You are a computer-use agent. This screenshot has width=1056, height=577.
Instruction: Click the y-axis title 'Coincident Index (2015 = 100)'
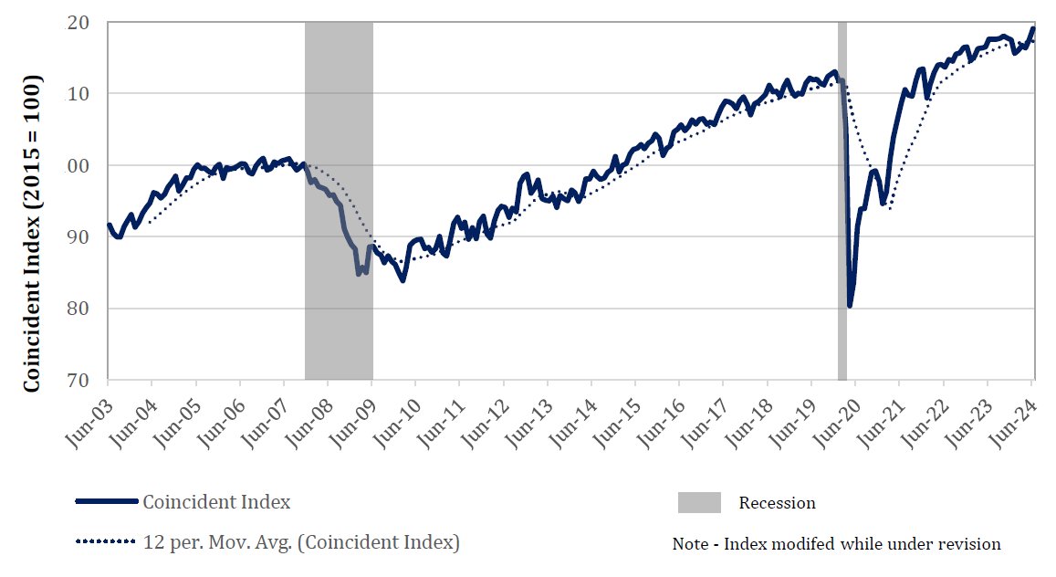[32, 235]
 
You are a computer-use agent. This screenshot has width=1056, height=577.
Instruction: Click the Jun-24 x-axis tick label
[1013, 412]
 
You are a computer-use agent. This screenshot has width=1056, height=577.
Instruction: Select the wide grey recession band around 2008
[339, 201]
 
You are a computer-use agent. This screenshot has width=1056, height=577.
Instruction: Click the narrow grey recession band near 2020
[842, 201]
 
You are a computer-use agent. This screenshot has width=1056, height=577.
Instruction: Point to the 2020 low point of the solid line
[850, 305]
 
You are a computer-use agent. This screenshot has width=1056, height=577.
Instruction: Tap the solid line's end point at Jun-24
[1033, 28]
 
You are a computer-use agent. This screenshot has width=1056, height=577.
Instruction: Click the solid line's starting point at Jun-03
[109, 225]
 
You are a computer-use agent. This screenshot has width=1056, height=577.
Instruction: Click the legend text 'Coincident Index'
[216, 501]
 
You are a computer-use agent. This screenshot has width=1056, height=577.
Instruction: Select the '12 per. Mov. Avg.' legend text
[301, 542]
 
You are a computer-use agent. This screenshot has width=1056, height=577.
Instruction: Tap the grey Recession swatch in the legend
[699, 502]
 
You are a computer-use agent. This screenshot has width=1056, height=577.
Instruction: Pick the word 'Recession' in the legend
[777, 503]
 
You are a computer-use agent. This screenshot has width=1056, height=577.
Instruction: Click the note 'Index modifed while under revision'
[836, 544]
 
